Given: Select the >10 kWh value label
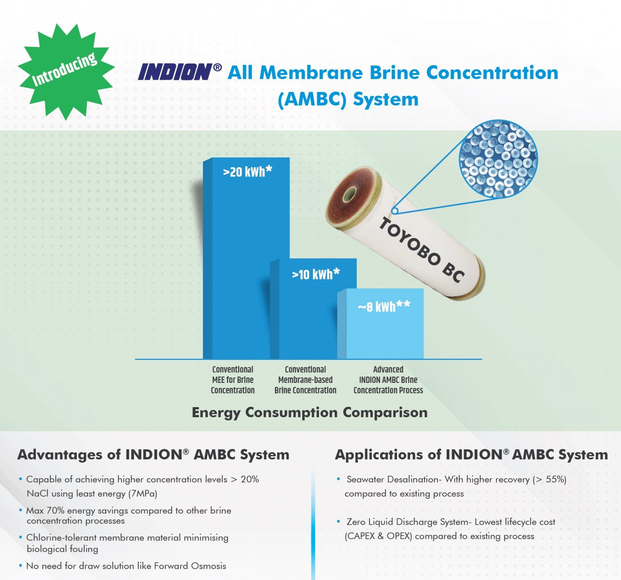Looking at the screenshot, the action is click(x=316, y=274).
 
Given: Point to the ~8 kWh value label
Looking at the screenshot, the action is click(x=384, y=306).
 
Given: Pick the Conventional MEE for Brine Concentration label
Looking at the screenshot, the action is click(x=233, y=380).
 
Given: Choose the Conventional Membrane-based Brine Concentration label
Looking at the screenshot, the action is click(x=305, y=380).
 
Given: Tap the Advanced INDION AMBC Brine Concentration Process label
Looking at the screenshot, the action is click(x=388, y=380).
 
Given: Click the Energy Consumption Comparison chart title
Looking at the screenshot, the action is click(x=310, y=412).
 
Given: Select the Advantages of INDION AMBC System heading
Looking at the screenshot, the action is click(x=153, y=455).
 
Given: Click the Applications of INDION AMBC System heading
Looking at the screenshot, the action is click(x=471, y=455).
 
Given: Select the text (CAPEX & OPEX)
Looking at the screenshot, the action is click(x=378, y=536).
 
